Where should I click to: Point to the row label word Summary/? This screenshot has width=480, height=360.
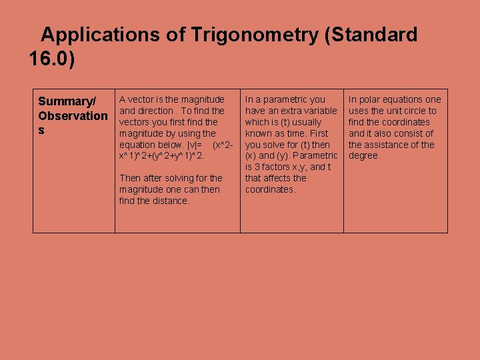(67, 101)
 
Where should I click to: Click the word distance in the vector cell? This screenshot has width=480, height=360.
(169, 201)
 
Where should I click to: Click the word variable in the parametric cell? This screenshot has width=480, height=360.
(320, 111)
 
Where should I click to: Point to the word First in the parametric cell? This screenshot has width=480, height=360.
(319, 133)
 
